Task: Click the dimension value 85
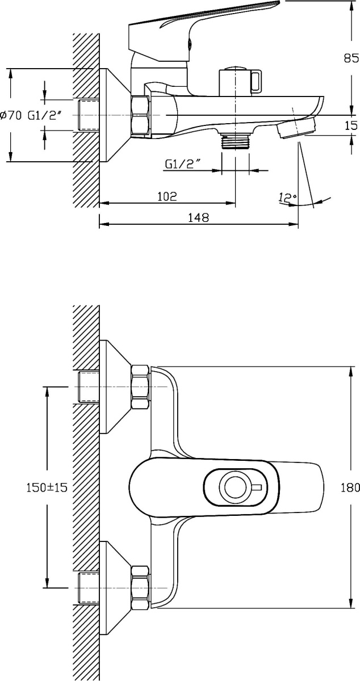pyautogui.click(x=351, y=57)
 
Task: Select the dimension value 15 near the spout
pyautogui.click(x=351, y=126)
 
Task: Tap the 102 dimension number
pyautogui.click(x=166, y=196)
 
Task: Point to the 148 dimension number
pyautogui.click(x=199, y=217)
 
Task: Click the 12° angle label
pyautogui.click(x=287, y=197)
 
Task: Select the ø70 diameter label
pyautogui.click(x=10, y=115)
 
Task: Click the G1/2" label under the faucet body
pyautogui.click(x=183, y=164)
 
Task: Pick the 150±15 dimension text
pyautogui.click(x=47, y=487)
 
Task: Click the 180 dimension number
pyautogui.click(x=351, y=487)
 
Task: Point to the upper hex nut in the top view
pyautogui.click(x=140, y=387)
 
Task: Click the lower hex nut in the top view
pyautogui.click(x=140, y=587)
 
